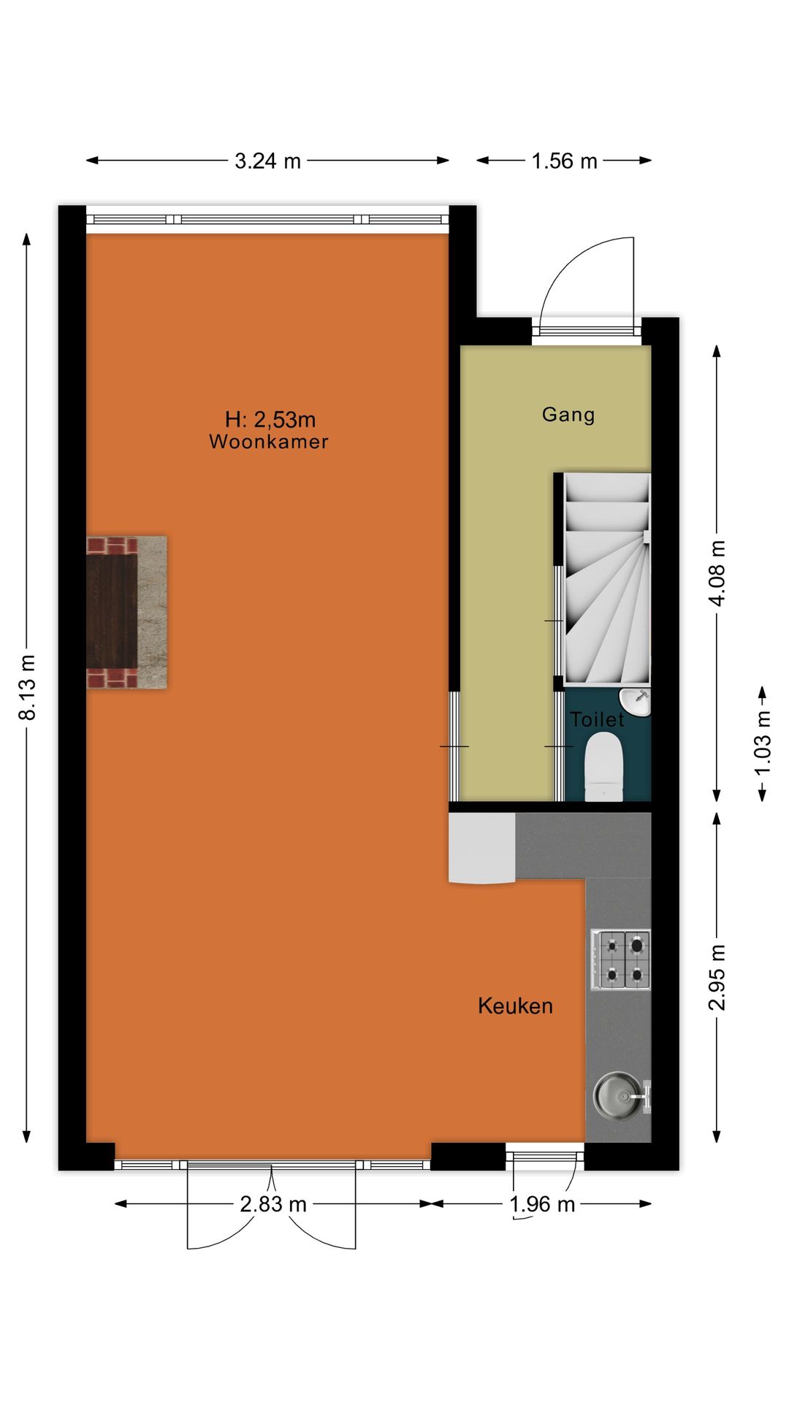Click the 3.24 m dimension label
[x=267, y=161]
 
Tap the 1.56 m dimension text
[x=564, y=161]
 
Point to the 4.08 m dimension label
[x=717, y=572]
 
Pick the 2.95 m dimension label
[x=717, y=977]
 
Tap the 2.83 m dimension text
[x=272, y=1204]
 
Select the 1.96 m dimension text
[x=542, y=1204]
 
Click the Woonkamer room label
[x=269, y=442]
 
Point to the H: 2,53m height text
[x=270, y=419]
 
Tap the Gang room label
[x=568, y=415]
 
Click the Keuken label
[x=515, y=1006]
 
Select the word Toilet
[x=597, y=720]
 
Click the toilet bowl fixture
[x=603, y=767]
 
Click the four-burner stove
[x=620, y=959]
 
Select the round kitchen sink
[x=618, y=1095]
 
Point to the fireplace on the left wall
[x=126, y=613]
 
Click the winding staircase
[x=606, y=577]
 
